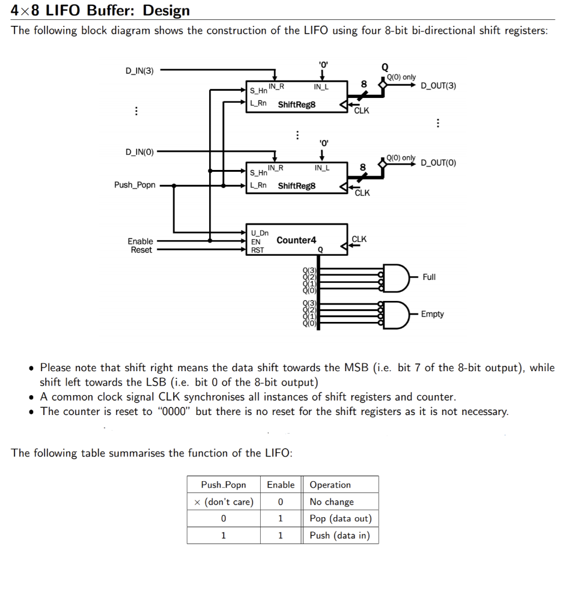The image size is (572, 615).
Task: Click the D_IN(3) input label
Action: point(139,71)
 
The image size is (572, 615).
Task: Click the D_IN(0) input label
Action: point(139,151)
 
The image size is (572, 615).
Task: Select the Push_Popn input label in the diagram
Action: point(135,185)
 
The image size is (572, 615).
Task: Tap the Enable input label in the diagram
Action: point(140,241)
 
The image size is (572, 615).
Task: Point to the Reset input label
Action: point(141,250)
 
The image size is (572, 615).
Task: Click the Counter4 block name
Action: point(296,240)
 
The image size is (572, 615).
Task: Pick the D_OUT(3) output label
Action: point(438,86)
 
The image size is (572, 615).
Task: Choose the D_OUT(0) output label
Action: point(438,163)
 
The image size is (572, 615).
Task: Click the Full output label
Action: point(429,277)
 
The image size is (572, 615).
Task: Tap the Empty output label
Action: point(432,314)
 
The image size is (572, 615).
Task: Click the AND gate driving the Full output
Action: point(397,277)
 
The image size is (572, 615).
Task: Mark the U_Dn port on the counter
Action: point(260,233)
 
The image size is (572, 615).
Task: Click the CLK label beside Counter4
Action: point(359,239)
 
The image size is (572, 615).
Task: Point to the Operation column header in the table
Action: point(330,485)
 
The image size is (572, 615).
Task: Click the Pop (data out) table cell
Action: point(340,518)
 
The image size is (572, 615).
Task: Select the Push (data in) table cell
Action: point(339,535)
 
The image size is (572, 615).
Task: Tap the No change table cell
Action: point(332,501)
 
